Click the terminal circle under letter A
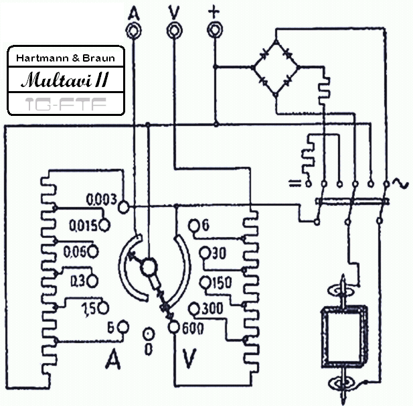pyautogui.click(x=134, y=29)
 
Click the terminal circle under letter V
pyautogui.click(x=174, y=29)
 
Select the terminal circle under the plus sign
pyautogui.click(x=215, y=29)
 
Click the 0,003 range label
pyautogui.click(x=102, y=200)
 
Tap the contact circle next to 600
pyautogui.click(x=173, y=327)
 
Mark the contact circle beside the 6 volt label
pyautogui.click(x=194, y=226)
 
